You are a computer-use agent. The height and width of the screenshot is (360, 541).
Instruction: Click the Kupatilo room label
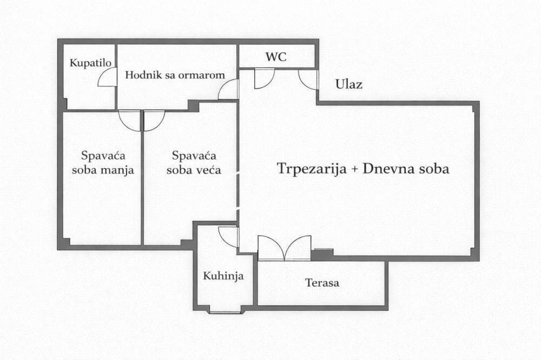pyautogui.click(x=90, y=63)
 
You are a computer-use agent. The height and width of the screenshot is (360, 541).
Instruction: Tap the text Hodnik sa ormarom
pyautogui.click(x=175, y=75)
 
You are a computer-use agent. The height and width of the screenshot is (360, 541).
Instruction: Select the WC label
pyautogui.click(x=275, y=57)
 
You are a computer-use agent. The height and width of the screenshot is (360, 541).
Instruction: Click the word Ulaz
pyautogui.click(x=348, y=84)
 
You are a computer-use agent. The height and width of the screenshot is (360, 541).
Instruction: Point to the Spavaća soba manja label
pyautogui.click(x=108, y=163)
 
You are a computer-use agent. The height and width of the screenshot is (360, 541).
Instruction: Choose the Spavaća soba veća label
pyautogui.click(x=194, y=163)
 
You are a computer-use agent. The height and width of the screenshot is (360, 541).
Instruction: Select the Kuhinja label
pyautogui.click(x=223, y=276)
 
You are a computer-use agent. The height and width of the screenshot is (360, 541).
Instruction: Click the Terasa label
pyautogui.click(x=322, y=282)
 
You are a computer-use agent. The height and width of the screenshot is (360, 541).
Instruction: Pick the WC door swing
pyautogui.click(x=264, y=78)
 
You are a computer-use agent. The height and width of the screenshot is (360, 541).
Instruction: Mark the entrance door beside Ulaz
pyautogui.click(x=308, y=79)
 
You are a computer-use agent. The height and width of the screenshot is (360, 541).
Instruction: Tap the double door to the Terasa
pyautogui.click(x=285, y=248)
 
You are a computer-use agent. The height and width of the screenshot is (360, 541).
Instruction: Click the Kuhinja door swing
pyautogui.click(x=229, y=236)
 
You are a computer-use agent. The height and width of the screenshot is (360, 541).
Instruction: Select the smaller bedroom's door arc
pyautogui.click(x=129, y=120)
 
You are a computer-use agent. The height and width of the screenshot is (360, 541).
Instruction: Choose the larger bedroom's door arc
pyautogui.click(x=154, y=120)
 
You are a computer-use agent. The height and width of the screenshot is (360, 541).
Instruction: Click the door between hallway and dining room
pyautogui.click(x=228, y=90)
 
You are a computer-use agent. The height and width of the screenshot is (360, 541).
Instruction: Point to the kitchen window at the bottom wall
pyautogui.click(x=225, y=312)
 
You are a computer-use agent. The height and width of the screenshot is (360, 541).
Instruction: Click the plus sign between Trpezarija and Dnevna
pyautogui.click(x=354, y=169)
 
